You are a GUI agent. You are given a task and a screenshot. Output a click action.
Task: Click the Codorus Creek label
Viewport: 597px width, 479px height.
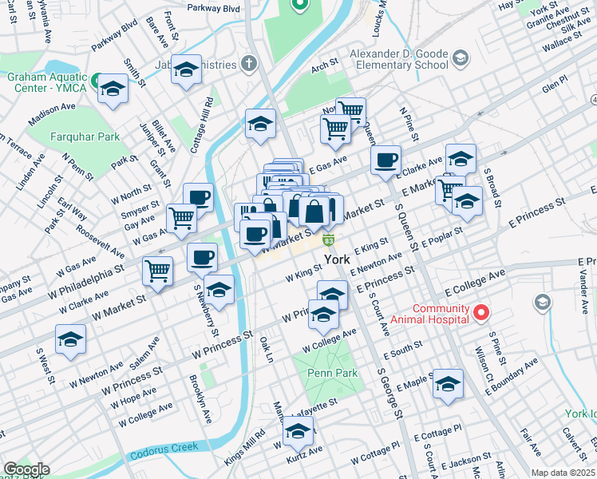pos(160,449)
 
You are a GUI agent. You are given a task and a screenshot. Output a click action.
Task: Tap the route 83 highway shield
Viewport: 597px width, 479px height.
pos(328,239)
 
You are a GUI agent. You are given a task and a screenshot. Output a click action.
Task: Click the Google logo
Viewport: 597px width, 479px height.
pos(26,469)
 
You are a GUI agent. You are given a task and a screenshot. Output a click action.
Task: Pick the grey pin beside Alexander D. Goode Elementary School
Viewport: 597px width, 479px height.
pos(461,57)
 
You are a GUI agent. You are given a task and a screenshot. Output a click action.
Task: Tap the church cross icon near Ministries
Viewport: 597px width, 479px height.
pos(250,64)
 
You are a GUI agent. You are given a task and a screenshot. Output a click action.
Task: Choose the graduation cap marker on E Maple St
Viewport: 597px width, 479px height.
pos(448,384)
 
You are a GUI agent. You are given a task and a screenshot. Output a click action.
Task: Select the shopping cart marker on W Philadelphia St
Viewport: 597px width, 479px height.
pos(157,270)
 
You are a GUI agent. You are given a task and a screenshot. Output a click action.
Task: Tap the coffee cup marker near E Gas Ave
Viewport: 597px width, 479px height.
pos(385,160)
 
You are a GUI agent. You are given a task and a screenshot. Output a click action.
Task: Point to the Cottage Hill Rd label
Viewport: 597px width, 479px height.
pos(200,125)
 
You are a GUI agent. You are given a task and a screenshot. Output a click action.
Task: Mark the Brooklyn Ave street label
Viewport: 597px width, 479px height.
pos(200,399)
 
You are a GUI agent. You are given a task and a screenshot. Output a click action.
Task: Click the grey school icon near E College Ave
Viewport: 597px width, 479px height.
pos(544,302)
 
